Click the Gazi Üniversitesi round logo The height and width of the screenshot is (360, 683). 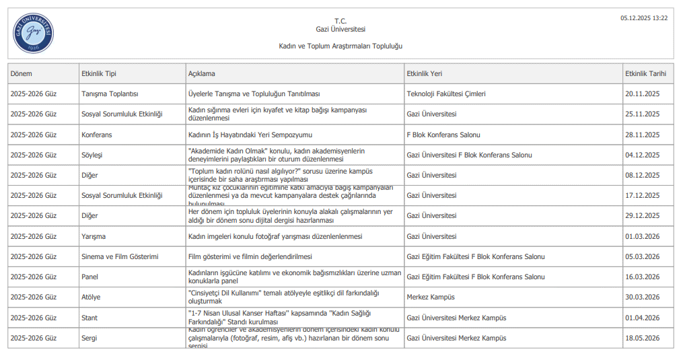(33, 34)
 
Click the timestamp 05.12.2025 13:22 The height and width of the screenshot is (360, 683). (643, 18)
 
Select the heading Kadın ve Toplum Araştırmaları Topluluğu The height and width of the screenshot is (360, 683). (340, 46)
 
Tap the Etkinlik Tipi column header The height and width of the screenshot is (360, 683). (99, 73)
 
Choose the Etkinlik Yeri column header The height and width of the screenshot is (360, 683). (425, 73)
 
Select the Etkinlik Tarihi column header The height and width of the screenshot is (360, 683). (645, 73)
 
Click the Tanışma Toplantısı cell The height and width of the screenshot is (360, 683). (110, 94)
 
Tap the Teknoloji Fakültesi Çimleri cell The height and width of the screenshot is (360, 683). (446, 94)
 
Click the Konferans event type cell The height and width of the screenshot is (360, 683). (97, 135)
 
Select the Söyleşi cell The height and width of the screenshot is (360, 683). (92, 155)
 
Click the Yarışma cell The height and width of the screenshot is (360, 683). (94, 237)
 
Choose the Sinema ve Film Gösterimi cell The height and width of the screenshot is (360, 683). (120, 257)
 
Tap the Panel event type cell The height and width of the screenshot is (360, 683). (89, 277)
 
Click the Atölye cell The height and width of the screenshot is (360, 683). (91, 297)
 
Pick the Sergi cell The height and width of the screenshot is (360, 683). (89, 338)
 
